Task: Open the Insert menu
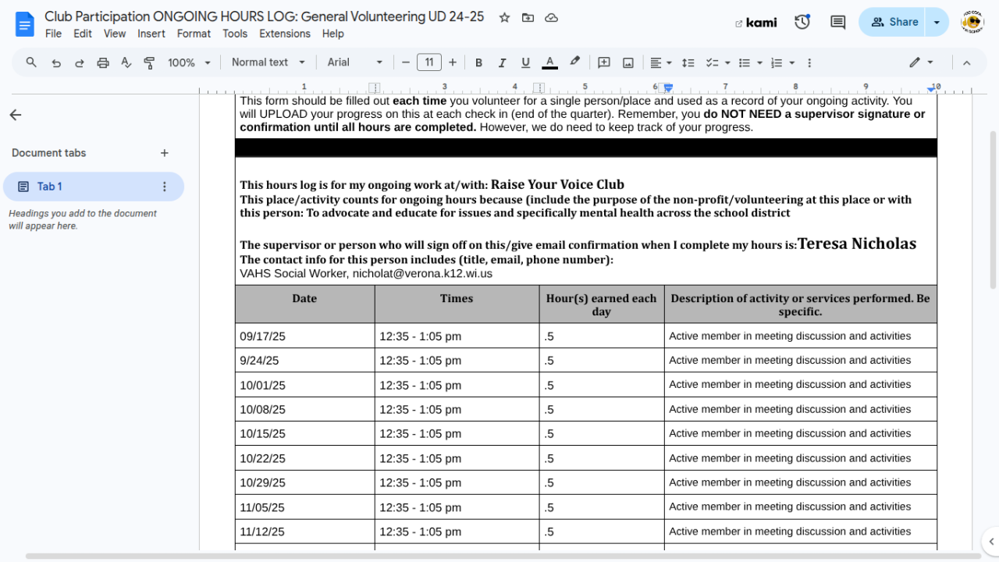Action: (151, 34)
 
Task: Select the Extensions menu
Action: (285, 34)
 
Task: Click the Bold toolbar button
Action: (478, 62)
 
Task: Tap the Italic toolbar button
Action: (502, 62)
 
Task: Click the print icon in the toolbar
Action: (103, 62)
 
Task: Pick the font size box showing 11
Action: (429, 62)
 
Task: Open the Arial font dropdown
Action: (355, 62)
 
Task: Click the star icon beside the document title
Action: (504, 17)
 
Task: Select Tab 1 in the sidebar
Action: (50, 187)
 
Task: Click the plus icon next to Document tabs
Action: (165, 153)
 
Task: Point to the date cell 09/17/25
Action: (262, 336)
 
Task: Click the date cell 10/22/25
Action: (262, 458)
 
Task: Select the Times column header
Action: (457, 298)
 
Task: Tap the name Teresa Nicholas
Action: (856, 244)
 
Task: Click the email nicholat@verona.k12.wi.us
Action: (422, 274)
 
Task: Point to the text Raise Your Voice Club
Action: (557, 185)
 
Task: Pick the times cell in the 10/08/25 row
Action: (420, 409)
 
